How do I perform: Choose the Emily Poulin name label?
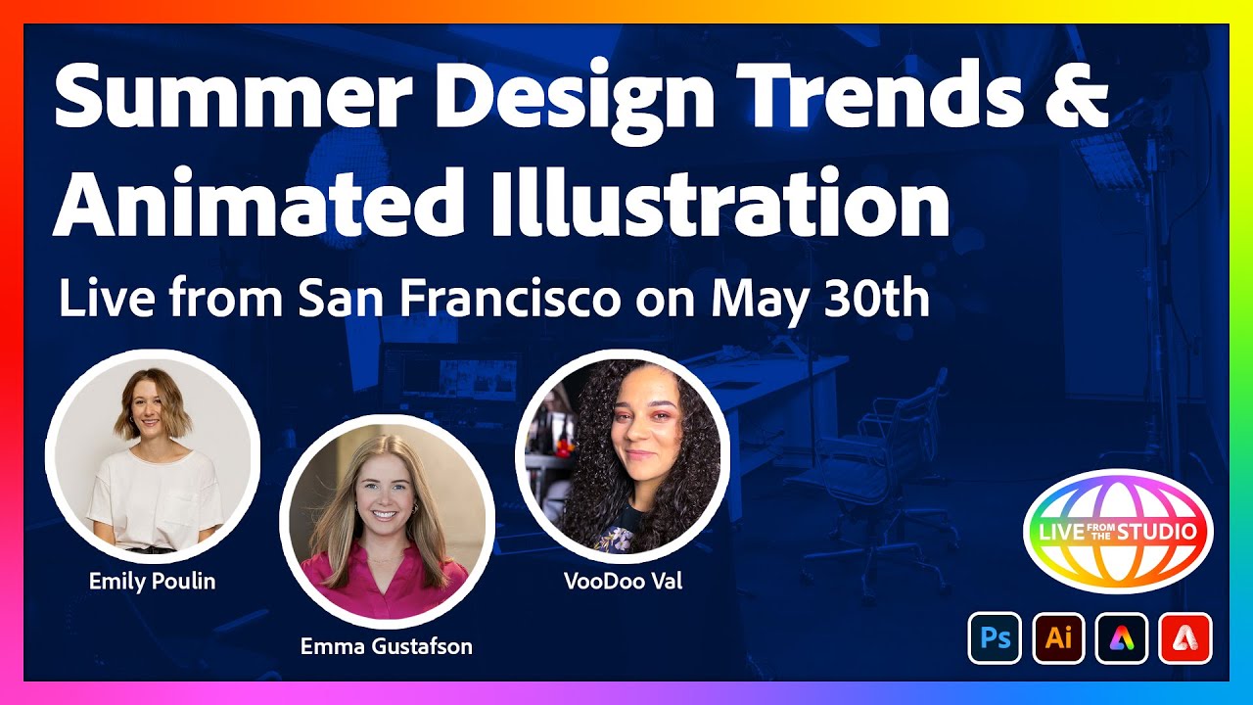[152, 581]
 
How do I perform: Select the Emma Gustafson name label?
[387, 645]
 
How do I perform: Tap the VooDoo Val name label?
[623, 581]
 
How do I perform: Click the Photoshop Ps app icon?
[995, 637]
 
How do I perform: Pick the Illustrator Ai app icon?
[1058, 637]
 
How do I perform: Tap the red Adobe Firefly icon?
[1185, 637]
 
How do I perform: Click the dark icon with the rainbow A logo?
[1122, 637]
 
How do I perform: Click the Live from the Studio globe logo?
[1118, 532]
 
